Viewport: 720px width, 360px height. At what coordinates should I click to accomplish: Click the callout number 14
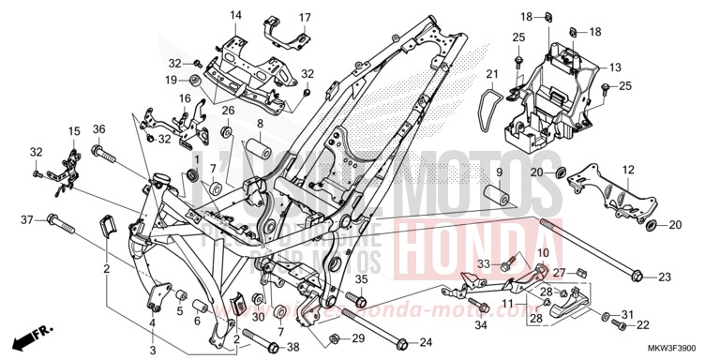[235, 15]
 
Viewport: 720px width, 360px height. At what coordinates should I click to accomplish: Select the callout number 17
[304, 18]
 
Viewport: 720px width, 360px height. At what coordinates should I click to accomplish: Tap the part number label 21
[491, 74]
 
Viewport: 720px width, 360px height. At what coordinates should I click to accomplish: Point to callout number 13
[616, 67]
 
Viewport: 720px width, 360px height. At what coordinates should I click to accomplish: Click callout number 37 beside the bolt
[27, 219]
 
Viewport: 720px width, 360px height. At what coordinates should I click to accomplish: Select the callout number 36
[98, 128]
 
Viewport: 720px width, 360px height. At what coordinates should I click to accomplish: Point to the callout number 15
[73, 130]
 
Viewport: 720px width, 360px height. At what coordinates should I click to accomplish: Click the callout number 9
[499, 173]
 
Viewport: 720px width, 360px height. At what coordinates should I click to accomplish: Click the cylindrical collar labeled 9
[496, 199]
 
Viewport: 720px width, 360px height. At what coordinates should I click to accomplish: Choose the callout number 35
[360, 278]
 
